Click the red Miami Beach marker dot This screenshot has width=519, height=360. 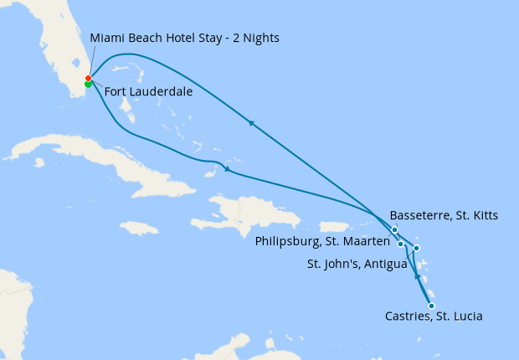click(88, 79)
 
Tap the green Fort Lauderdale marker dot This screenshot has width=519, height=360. click(88, 84)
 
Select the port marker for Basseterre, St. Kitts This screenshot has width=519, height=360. click(394, 229)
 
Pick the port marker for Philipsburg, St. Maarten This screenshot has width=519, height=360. click(401, 244)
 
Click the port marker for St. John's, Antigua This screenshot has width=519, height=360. click(416, 248)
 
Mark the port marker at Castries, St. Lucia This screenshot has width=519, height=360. click(431, 306)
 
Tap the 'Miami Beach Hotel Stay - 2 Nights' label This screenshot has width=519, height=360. click(184, 39)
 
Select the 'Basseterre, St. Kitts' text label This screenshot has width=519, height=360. click(444, 216)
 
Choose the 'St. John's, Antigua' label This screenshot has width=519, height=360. click(357, 265)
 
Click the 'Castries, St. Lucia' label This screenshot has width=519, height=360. click(433, 316)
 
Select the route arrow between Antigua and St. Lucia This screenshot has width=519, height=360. click(417, 276)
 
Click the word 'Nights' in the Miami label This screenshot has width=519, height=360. click(260, 39)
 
